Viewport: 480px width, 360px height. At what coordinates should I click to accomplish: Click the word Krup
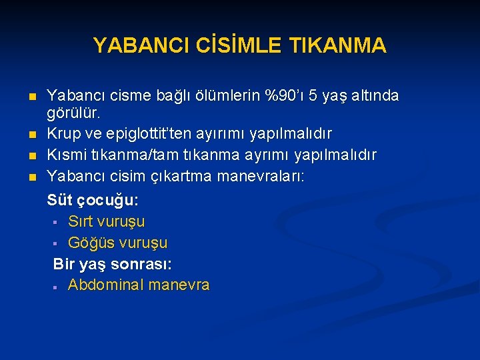63,133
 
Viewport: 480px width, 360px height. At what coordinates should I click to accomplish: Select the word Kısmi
66,155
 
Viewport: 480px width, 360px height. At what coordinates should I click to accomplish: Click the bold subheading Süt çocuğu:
93,200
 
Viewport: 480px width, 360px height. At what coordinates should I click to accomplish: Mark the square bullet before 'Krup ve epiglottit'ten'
31,134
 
